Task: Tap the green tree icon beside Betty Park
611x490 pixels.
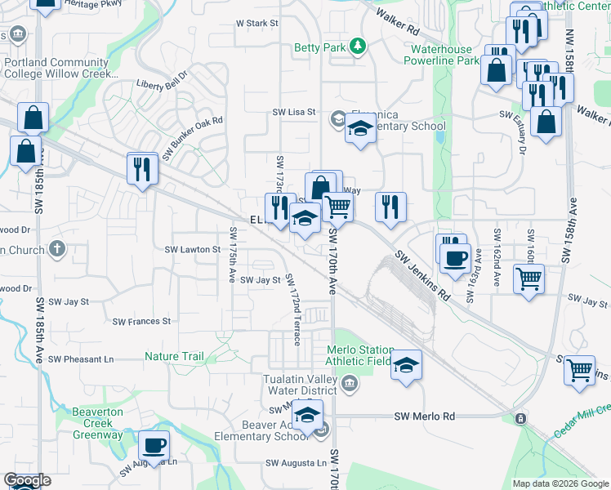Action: point(357,47)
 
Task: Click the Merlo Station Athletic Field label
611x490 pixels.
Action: point(359,355)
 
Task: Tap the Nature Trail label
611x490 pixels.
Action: point(174,356)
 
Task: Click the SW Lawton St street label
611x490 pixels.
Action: point(193,249)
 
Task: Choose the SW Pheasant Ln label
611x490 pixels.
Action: point(81,359)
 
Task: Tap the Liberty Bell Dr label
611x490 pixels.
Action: point(162,84)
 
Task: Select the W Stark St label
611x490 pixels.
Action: point(257,24)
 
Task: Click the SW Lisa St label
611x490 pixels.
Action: point(293,112)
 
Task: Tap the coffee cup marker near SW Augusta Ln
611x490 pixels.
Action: point(154,447)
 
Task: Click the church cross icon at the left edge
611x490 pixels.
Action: point(56,247)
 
